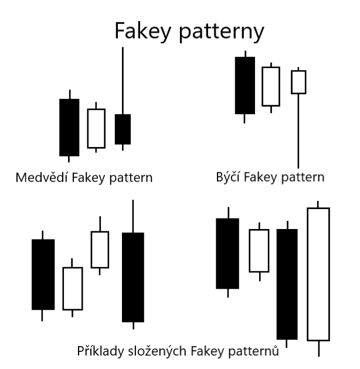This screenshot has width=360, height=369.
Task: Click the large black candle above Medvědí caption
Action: pyautogui.click(x=69, y=127)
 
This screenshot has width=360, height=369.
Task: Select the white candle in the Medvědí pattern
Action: pyautogui.click(x=96, y=128)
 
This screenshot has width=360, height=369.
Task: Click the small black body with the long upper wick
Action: pyautogui.click(x=123, y=129)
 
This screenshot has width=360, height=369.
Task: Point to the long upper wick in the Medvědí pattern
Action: pyautogui.click(x=123, y=79)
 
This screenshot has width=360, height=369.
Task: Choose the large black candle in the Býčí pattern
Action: pyautogui.click(x=244, y=85)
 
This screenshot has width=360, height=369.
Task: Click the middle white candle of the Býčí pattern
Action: pyautogui.click(x=270, y=86)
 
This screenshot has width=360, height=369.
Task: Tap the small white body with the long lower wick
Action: pyautogui.click(x=298, y=82)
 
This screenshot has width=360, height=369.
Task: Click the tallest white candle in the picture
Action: pyautogui.click(x=318, y=274)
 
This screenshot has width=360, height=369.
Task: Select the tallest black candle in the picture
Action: pyautogui.click(x=287, y=283)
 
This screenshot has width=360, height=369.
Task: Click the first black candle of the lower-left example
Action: pyautogui.click(x=43, y=274)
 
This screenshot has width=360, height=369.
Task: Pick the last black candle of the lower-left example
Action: pyautogui.click(x=133, y=277)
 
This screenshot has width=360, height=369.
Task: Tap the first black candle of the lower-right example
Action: pyautogui.click(x=227, y=253)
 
